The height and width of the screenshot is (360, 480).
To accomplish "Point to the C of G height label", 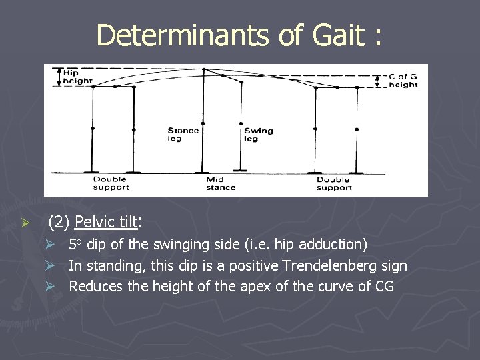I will pos(403,81).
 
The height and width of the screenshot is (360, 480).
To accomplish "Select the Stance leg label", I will pos(183,135).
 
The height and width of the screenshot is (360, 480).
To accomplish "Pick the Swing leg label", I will pos(258,135).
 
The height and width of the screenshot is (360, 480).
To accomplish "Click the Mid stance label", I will pos(221,183).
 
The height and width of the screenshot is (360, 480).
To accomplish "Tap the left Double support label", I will pos(111,183).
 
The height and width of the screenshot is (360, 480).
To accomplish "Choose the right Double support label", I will pos(333,183).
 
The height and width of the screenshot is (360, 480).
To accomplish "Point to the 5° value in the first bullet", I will pos(76,245).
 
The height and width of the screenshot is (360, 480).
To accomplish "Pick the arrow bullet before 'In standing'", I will pos(58,266).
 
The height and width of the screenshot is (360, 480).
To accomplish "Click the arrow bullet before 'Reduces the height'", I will pos(58,287).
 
